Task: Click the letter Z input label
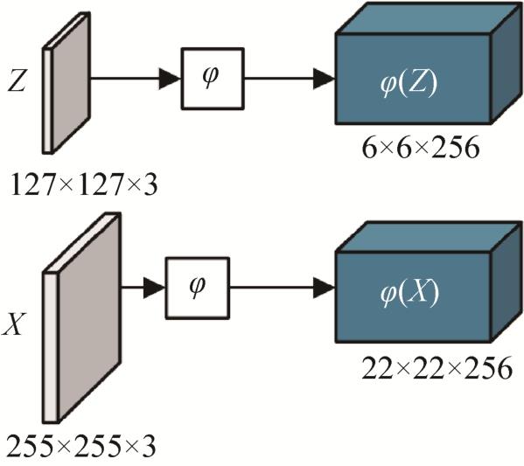(17, 80)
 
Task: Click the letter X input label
(14, 324)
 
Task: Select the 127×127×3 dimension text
(84, 184)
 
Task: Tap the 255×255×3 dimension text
(81, 446)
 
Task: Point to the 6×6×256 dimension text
(421, 148)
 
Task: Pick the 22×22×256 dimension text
(437, 368)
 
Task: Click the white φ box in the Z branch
(213, 79)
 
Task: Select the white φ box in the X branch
(198, 288)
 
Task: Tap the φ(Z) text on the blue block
(409, 84)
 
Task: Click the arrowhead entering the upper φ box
(170, 79)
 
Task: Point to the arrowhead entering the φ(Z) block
(324, 79)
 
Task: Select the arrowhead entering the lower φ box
(154, 288)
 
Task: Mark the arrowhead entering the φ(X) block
(324, 288)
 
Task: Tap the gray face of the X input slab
(89, 316)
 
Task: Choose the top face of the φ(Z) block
(428, 18)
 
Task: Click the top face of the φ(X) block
(428, 237)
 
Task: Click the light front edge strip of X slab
(50, 348)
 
